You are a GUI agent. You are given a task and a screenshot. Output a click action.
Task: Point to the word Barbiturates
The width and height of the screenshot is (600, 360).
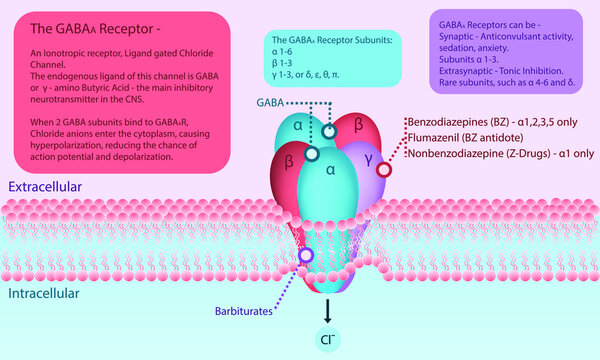tap(243, 312)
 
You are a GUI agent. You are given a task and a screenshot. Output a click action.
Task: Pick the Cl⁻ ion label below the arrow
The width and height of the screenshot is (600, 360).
tap(328, 339)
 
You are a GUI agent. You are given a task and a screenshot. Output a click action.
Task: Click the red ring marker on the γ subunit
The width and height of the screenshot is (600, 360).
tap(384, 170)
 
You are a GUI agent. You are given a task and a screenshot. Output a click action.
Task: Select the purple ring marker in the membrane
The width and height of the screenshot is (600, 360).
tap(308, 255)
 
